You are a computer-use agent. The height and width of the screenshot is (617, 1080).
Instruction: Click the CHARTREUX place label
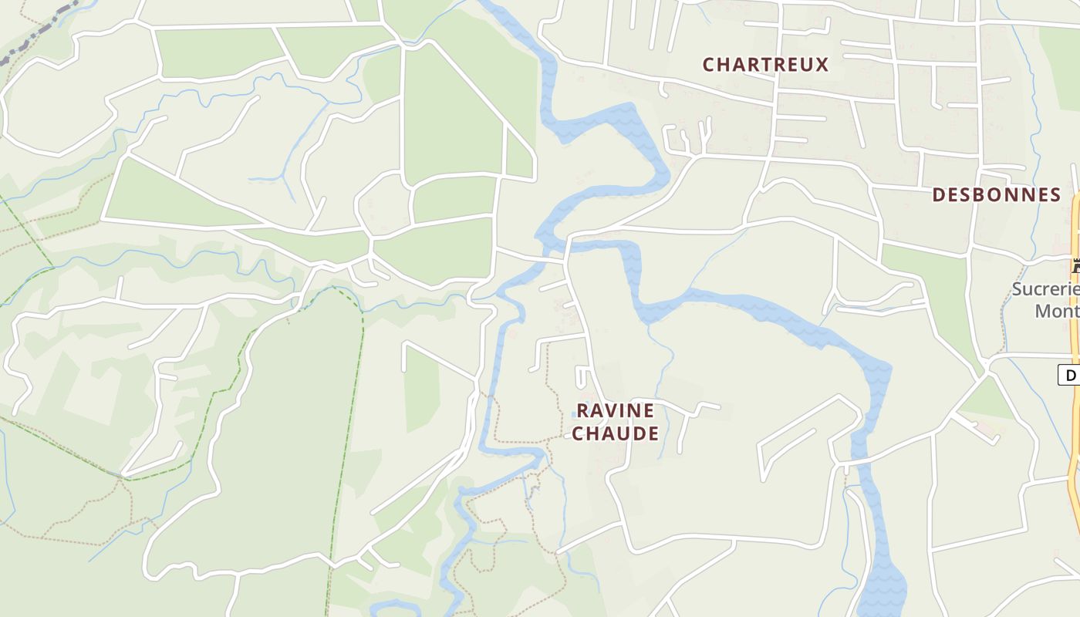click(765, 65)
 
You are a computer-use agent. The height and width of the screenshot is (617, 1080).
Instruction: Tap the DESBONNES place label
click(996, 195)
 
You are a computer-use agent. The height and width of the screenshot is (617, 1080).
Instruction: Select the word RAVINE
click(615, 410)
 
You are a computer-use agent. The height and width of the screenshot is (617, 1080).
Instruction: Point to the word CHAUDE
click(615, 433)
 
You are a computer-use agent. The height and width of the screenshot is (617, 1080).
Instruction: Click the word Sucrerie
click(1045, 290)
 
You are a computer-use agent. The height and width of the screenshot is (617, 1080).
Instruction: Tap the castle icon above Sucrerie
click(1075, 267)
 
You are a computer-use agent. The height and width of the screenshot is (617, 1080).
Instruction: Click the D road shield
click(1070, 376)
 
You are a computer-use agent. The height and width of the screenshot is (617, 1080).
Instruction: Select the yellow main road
click(1074, 463)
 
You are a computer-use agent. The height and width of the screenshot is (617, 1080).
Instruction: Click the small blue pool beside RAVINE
click(573, 415)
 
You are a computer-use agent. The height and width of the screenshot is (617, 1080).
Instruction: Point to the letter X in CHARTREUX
click(822, 65)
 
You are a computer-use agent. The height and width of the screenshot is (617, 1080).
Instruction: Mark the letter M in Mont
click(1043, 311)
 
